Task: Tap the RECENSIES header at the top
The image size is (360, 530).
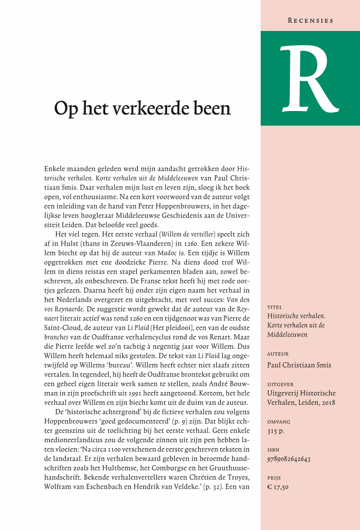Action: pos(310,20)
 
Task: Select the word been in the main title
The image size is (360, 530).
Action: pos(214,108)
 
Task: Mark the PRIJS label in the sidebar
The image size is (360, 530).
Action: pos(274,477)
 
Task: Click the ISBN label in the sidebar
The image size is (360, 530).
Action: pos(272,449)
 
